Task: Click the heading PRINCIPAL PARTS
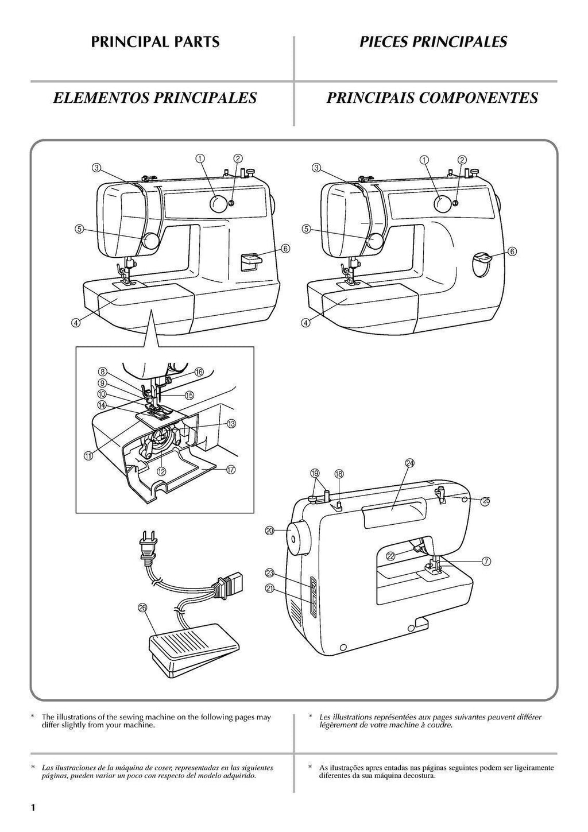[155, 42]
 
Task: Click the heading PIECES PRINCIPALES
[433, 42]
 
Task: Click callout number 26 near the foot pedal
[143, 608]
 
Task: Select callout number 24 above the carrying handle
[409, 463]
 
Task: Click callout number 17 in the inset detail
[231, 469]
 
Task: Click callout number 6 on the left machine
[285, 249]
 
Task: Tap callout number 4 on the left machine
[75, 323]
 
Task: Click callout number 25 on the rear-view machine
[486, 501]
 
